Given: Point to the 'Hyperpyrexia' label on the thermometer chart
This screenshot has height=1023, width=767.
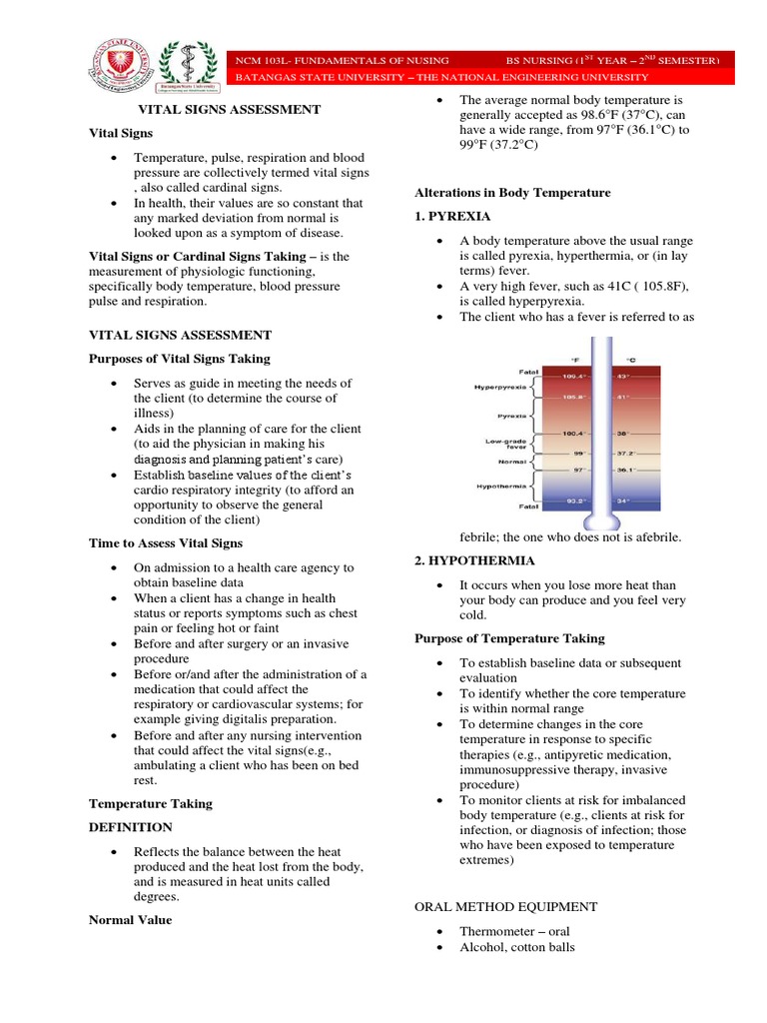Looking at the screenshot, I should pyautogui.click(x=500, y=387).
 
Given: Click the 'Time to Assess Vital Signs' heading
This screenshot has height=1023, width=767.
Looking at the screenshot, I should pyautogui.click(x=166, y=542).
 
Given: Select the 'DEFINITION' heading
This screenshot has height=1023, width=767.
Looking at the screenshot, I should pyautogui.click(x=131, y=827).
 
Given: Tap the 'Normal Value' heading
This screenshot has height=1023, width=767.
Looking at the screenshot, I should pyautogui.click(x=130, y=920).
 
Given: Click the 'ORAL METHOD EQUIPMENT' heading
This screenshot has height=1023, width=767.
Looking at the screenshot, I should pyautogui.click(x=505, y=907).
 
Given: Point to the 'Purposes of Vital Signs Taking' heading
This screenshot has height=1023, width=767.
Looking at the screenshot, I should pyautogui.click(x=180, y=359).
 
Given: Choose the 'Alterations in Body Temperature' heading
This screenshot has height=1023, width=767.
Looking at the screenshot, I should pyautogui.click(x=512, y=192).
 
